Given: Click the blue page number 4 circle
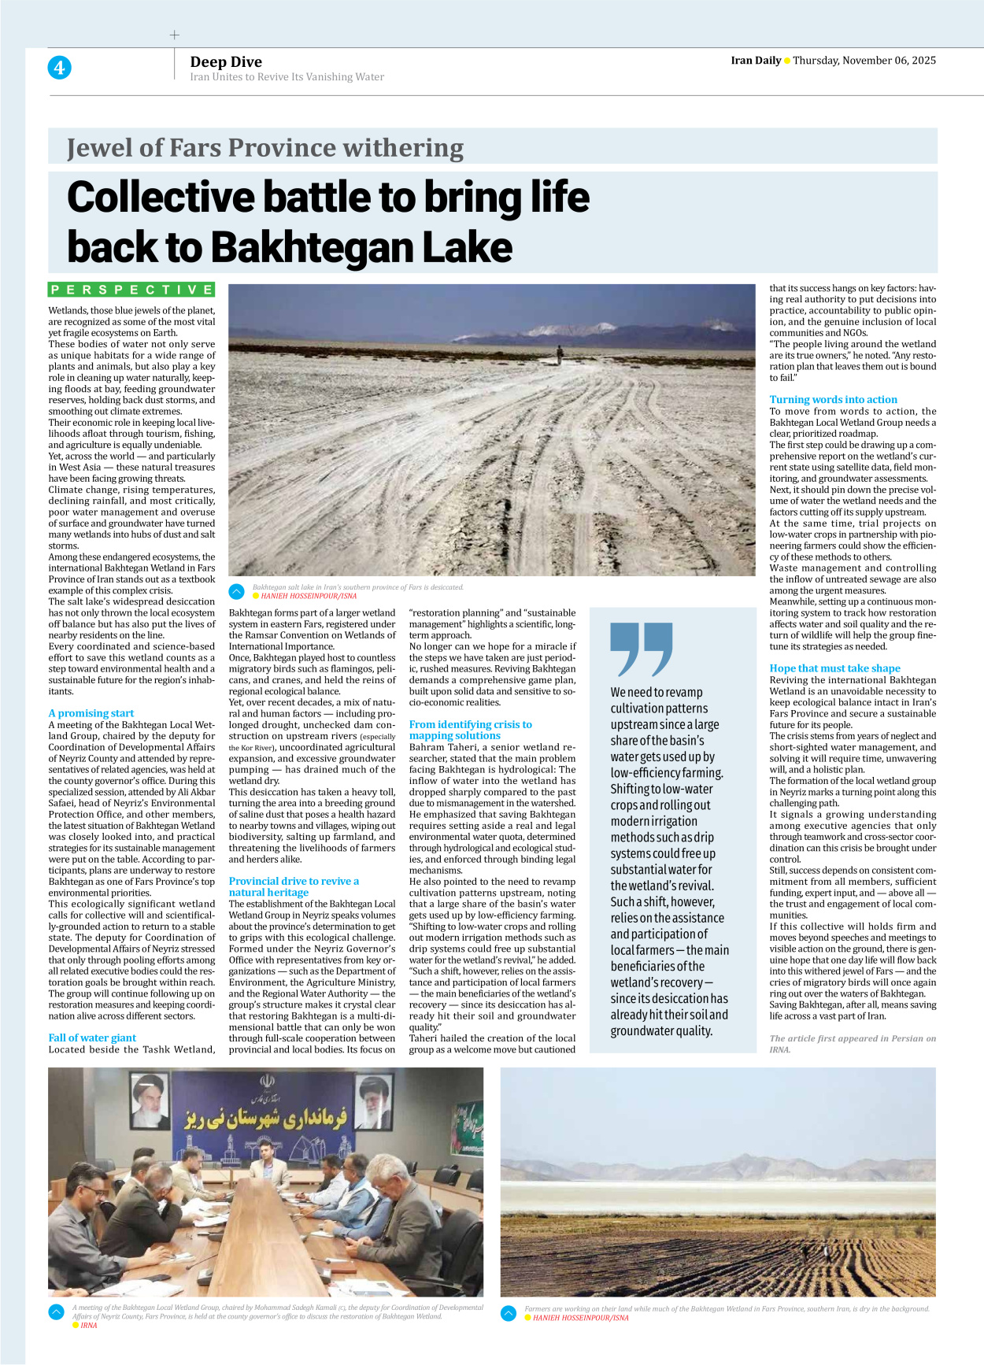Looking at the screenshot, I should click(59, 68).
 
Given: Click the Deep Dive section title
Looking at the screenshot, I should click(225, 61).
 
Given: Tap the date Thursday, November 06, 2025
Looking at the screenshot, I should click(864, 61).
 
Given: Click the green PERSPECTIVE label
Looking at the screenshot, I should click(131, 290).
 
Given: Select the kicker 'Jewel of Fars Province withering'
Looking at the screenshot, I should click(264, 148).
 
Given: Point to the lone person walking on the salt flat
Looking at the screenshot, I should click(560, 355).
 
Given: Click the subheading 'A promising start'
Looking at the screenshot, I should click(91, 713).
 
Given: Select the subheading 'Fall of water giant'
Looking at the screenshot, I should click(92, 1038).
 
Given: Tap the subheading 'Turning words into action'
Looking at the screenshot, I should click(833, 399).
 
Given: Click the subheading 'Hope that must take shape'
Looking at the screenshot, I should click(834, 668).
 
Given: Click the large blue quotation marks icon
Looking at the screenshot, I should click(641, 649).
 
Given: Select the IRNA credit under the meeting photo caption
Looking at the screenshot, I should click(88, 1326).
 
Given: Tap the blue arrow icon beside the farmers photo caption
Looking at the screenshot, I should click(509, 1313).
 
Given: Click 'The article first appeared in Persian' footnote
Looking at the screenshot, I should click(852, 1043).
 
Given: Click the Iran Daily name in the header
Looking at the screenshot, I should click(755, 61).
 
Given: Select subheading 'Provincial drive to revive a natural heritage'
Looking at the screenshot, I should click(294, 886).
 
